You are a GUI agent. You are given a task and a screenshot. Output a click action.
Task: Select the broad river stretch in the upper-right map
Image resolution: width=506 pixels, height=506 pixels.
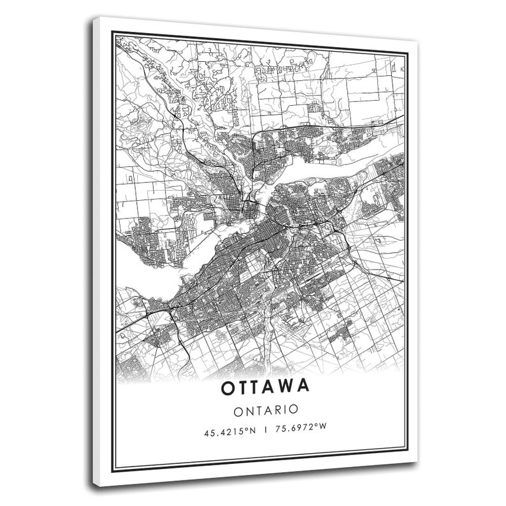[331, 172]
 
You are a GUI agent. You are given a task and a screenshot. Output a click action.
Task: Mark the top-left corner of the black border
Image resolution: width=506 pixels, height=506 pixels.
[113, 36]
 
